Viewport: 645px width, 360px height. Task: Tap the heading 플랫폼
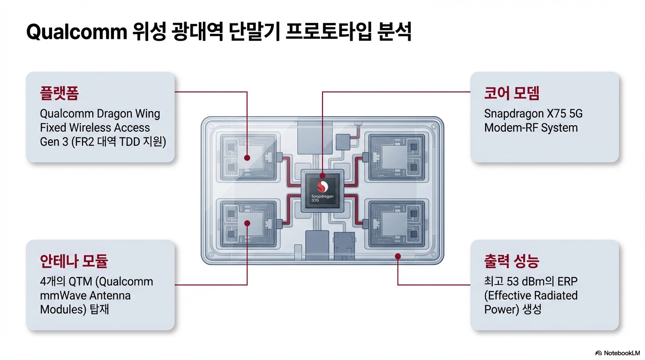click(x=60, y=93)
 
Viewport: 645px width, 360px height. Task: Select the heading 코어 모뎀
click(x=511, y=93)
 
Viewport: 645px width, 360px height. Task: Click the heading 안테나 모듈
click(x=74, y=261)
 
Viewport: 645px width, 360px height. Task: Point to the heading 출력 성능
click(x=511, y=261)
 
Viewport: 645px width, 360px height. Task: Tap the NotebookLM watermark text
click(x=621, y=352)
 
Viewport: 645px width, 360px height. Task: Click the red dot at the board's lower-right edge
click(x=397, y=256)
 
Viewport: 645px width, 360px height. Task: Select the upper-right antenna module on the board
click(x=397, y=157)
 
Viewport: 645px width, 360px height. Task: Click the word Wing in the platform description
click(x=147, y=114)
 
